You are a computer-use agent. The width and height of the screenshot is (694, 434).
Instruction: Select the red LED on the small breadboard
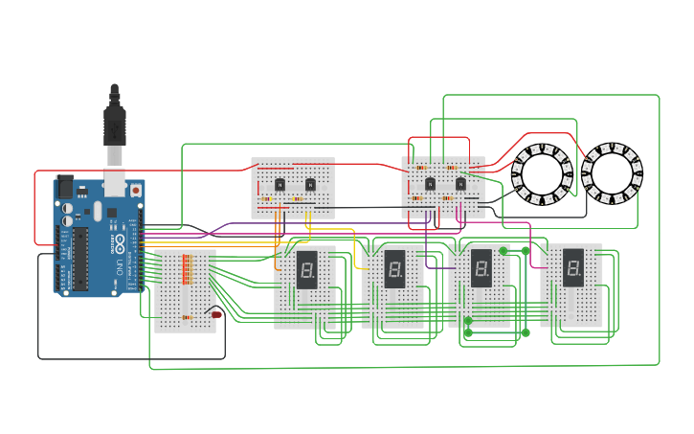216,314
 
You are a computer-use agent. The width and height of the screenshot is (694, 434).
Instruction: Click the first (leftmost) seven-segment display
306,270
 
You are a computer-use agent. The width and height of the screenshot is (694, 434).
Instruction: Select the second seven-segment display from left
394,269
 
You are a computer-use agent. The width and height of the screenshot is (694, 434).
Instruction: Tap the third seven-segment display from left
481,268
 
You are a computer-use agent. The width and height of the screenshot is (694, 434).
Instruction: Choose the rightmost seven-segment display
572,267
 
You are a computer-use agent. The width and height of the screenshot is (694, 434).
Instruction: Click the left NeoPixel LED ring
542,174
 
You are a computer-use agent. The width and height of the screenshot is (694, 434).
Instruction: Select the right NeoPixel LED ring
612,173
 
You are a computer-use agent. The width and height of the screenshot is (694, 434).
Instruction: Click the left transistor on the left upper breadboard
280,184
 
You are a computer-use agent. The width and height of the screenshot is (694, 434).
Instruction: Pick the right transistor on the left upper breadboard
310,184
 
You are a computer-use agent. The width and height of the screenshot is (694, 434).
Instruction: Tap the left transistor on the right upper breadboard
430,183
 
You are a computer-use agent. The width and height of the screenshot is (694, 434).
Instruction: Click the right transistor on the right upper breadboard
460,183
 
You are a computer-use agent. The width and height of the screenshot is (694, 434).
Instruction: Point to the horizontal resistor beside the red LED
187,317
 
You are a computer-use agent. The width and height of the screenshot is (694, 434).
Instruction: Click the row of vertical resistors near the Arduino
187,268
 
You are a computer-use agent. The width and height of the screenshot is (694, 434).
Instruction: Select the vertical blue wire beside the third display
525,292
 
